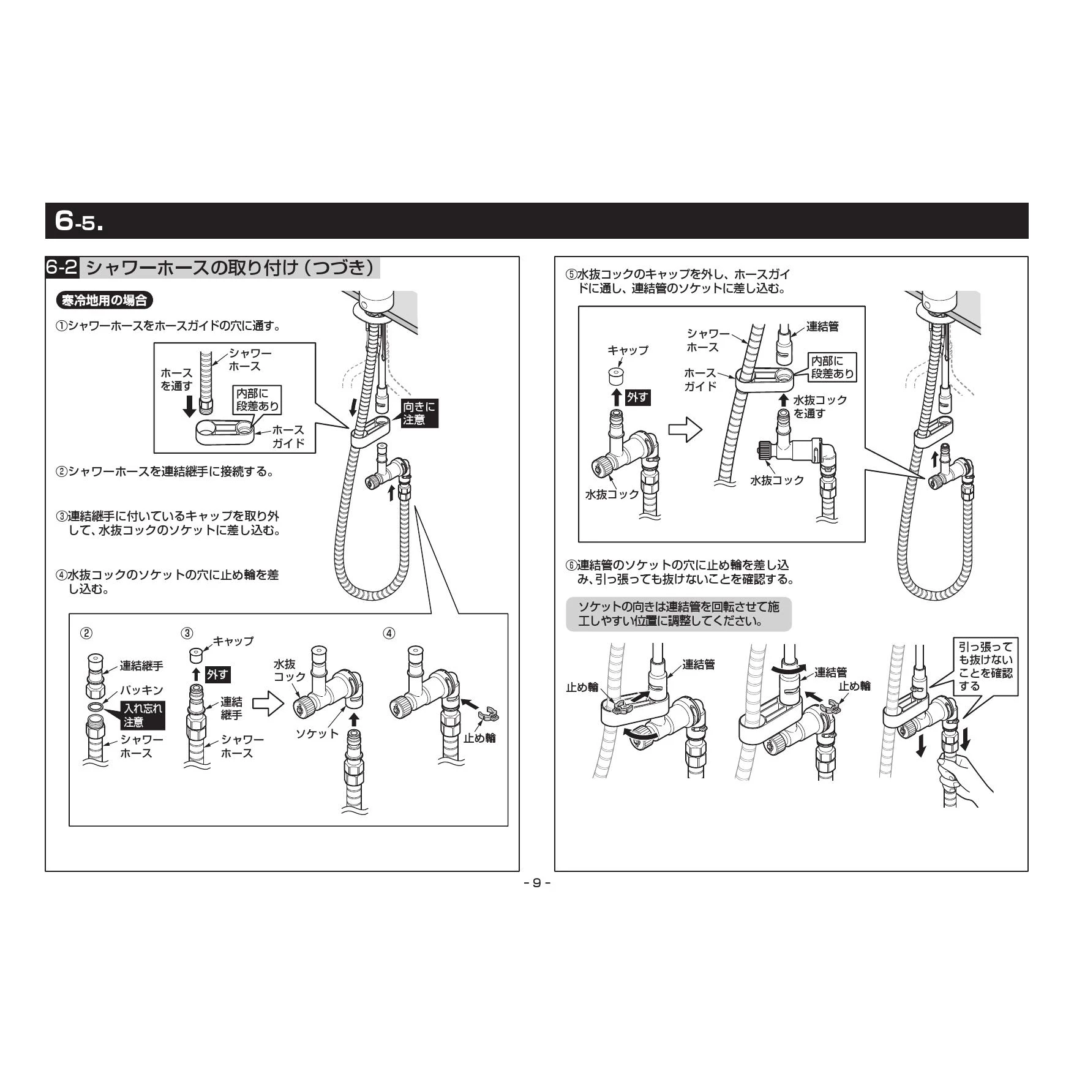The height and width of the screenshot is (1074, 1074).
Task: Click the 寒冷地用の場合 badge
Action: click(x=105, y=301)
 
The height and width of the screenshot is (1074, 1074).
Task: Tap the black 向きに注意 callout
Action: click(x=419, y=413)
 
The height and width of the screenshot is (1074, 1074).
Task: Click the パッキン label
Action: click(x=141, y=690)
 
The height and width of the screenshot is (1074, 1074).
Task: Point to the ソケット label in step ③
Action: click(x=317, y=733)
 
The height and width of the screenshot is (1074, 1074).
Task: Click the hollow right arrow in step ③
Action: click(x=268, y=704)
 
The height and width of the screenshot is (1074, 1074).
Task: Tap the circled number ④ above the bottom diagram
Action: click(x=389, y=633)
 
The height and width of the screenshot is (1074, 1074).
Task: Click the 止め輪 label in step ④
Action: click(x=479, y=738)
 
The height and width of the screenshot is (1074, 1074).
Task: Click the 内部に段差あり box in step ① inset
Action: click(x=257, y=399)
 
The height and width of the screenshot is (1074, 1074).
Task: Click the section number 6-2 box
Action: click(x=62, y=268)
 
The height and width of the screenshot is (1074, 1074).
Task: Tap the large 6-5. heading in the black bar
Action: click(x=78, y=220)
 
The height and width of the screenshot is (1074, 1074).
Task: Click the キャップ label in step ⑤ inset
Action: click(x=628, y=350)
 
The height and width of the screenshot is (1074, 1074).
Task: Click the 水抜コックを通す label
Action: click(x=820, y=407)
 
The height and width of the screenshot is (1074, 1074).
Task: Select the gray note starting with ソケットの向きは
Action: click(x=678, y=614)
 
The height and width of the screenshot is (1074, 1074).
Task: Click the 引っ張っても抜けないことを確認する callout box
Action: click(x=985, y=666)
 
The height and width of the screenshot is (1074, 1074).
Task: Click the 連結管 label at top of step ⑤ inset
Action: click(x=822, y=326)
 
